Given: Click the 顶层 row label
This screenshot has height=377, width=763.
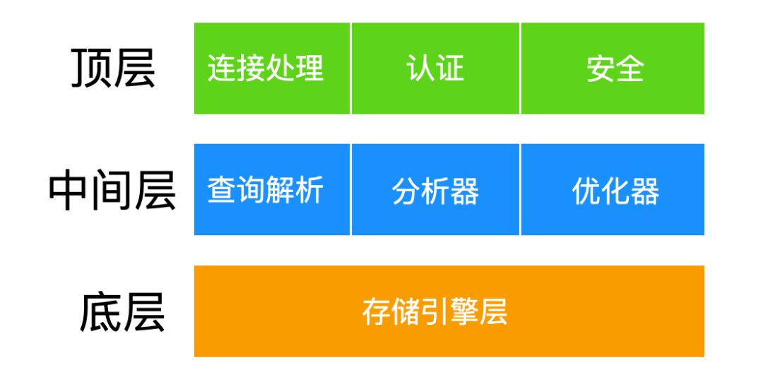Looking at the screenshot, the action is [x=113, y=68].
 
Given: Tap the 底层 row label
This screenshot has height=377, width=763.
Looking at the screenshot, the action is [x=122, y=311].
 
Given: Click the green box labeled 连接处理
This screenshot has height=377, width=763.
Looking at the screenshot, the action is [x=272, y=68].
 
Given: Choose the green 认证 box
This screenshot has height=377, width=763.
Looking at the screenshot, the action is [x=435, y=68].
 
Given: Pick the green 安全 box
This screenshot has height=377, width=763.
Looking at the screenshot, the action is [x=613, y=68].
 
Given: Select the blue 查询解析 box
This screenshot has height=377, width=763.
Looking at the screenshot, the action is [x=272, y=190].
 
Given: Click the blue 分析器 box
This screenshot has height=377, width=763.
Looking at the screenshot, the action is [x=435, y=190].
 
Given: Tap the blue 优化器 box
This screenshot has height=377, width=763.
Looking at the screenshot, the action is [x=613, y=190].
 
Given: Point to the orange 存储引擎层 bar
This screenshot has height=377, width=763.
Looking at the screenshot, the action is [x=449, y=311].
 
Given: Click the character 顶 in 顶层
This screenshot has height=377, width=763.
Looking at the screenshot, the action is [x=91, y=68].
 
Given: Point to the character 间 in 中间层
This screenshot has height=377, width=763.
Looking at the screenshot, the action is [x=112, y=190].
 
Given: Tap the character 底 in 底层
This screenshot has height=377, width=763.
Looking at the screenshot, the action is [x=101, y=312].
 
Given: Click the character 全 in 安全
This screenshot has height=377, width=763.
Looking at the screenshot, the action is [x=629, y=68].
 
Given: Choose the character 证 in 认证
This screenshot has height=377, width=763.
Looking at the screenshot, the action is [x=449, y=68].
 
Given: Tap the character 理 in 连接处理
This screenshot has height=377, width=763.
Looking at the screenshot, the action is [x=309, y=68].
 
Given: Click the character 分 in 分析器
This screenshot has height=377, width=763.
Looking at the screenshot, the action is [x=406, y=190].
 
